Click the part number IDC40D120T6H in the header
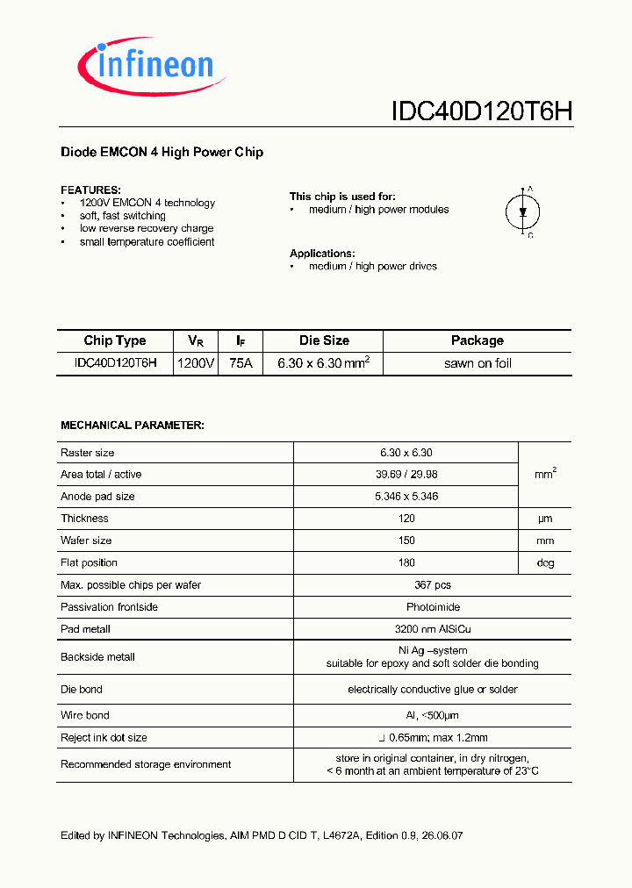[481, 111]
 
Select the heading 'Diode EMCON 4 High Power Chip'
[162, 152]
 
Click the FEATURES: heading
[90, 190]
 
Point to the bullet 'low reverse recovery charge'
[146, 228]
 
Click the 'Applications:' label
[322, 253]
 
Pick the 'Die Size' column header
[324, 340]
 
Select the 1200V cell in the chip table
[195, 363]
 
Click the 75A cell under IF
[240, 363]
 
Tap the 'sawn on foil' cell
[478, 363]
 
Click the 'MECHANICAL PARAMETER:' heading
[132, 425]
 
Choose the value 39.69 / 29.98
[406, 475]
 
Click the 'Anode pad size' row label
[97, 497]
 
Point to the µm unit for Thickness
[545, 519]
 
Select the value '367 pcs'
[407, 584]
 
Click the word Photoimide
[407, 606]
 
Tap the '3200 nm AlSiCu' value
[407, 628]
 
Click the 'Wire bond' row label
[85, 715]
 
